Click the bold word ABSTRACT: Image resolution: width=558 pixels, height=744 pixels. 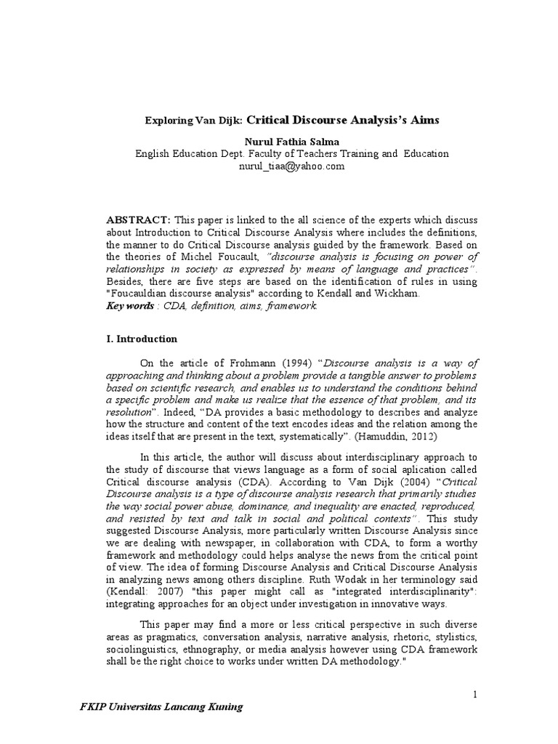138,219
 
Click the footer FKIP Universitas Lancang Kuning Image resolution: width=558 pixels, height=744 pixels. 161,707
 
